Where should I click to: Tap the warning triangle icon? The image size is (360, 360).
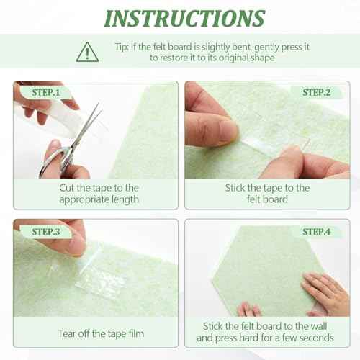(x=88, y=51)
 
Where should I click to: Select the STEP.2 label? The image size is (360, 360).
(x=317, y=92)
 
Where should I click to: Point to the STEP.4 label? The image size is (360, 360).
(x=317, y=231)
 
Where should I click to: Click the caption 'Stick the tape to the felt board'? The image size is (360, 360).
(x=267, y=194)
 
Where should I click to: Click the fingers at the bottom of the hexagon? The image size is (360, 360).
(x=249, y=310)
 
